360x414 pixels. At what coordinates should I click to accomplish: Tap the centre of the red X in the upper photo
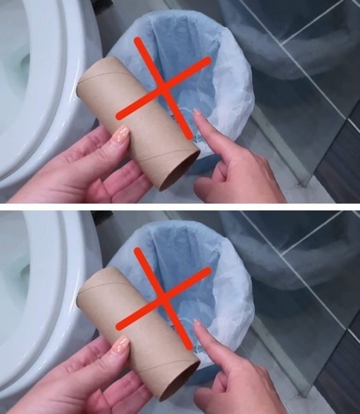(163, 88)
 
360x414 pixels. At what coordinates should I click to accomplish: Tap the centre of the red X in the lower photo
(163, 298)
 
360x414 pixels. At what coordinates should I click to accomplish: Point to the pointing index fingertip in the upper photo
(198, 117)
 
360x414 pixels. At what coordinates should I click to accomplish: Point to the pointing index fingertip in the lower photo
(198, 327)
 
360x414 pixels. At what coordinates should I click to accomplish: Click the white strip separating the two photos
(180, 206)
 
